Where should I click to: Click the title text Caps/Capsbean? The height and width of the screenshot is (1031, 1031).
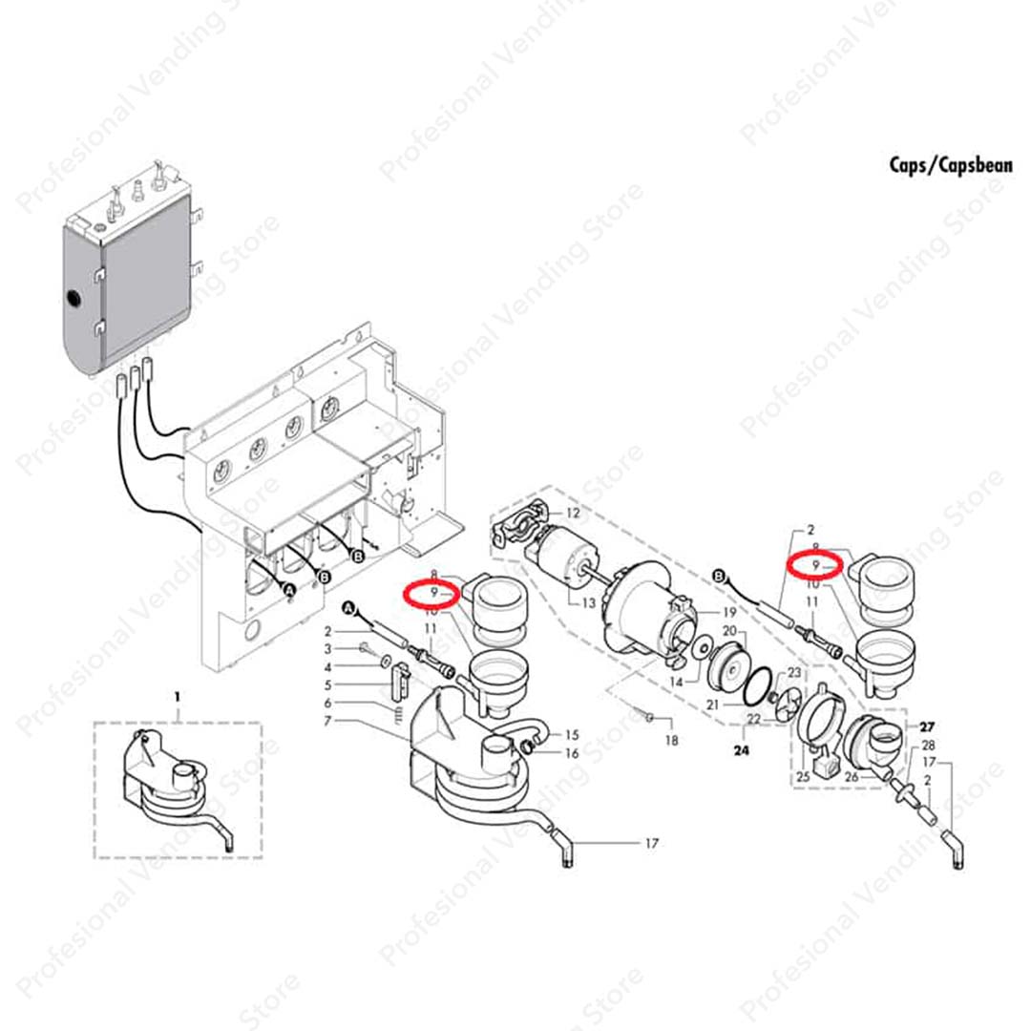[936, 164]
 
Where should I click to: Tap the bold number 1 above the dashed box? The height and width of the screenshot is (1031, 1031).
[177, 698]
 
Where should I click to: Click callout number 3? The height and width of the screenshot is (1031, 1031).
[327, 649]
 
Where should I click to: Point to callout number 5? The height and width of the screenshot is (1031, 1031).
[327, 684]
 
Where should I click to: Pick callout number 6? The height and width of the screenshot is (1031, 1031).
[327, 703]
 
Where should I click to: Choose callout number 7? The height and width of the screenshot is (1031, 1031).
[327, 721]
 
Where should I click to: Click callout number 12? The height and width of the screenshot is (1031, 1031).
[573, 514]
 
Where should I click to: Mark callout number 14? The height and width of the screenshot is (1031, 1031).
[677, 683]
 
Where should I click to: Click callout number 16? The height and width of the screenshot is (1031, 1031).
[572, 753]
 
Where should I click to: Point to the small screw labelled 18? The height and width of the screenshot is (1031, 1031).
[647, 715]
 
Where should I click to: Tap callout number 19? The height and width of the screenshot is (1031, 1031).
[730, 612]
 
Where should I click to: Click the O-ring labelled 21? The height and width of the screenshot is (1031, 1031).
[758, 682]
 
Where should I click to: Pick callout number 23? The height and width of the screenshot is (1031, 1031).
[793, 674]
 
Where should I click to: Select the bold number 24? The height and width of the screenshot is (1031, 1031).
[742, 750]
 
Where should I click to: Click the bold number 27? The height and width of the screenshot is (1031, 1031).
[927, 726]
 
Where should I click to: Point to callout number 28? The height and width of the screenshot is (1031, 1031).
[928, 745]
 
